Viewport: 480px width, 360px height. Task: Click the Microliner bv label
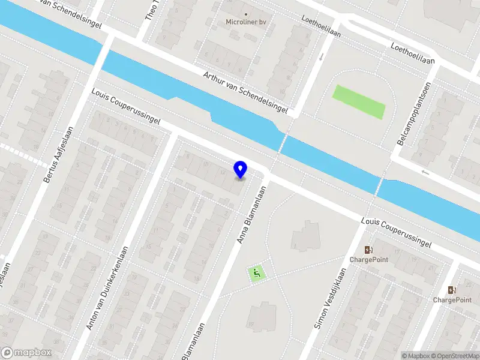[x=245, y=22]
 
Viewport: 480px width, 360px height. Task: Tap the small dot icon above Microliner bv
[x=245, y=13]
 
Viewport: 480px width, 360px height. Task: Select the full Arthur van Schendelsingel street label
[x=245, y=93]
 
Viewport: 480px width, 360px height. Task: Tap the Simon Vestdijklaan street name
[x=331, y=298]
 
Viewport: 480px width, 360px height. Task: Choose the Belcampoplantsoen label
[x=413, y=114]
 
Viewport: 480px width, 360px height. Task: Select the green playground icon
[x=257, y=274]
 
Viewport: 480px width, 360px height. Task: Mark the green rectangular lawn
[x=358, y=101]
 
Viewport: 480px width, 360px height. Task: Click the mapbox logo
[x=26, y=353]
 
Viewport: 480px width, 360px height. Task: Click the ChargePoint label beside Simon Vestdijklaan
[x=369, y=260]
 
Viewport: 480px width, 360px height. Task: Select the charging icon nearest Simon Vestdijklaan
[x=368, y=250]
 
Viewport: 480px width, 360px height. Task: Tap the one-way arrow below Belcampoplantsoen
[x=425, y=173]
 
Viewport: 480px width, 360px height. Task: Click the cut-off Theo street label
[x=151, y=11]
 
